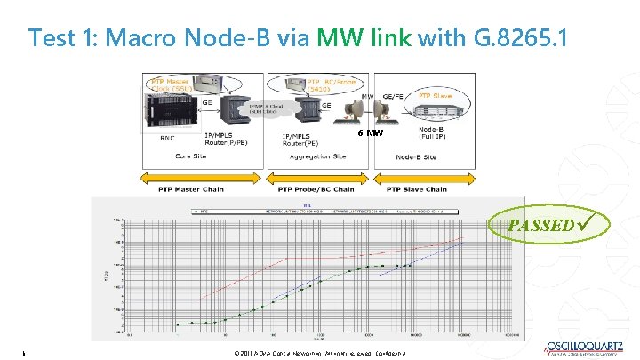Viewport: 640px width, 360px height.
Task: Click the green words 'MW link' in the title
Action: tap(364, 38)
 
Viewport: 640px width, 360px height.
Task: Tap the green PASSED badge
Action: tap(547, 224)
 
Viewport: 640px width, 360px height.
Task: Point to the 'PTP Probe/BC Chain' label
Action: tap(316, 189)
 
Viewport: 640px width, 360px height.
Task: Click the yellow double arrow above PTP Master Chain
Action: tap(203, 177)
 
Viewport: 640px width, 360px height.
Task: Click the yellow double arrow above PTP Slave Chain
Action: tap(418, 177)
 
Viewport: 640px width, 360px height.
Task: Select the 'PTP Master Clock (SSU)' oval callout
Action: tap(170, 86)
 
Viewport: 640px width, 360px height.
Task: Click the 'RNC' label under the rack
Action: tap(167, 138)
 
